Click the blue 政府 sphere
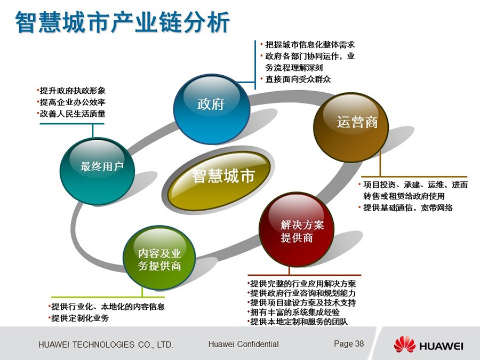[212, 109]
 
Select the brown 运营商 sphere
[351, 127]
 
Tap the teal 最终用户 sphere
[98, 171]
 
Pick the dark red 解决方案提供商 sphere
[297, 229]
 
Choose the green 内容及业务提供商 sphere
[159, 258]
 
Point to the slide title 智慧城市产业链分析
[123, 22]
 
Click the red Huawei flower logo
[404, 344]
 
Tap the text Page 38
[349, 343]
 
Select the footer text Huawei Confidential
[243, 344]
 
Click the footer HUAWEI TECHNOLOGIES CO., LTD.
[106, 345]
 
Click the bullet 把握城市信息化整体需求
[308, 45]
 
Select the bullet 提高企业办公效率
[71, 102]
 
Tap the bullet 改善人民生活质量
[71, 114]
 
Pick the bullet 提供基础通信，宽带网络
[405, 207]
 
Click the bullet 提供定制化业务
[78, 318]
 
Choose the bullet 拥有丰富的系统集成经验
[293, 312]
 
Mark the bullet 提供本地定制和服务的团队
[298, 322]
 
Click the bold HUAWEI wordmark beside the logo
[441, 346]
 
